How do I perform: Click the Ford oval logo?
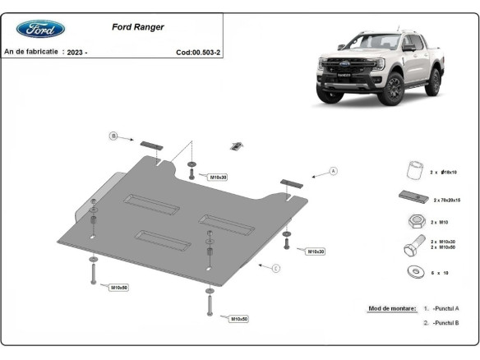[x=40, y=29]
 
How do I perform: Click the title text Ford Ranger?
[x=137, y=27]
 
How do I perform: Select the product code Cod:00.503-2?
[x=204, y=52]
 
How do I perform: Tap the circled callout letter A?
[x=334, y=171]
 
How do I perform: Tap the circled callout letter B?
[x=115, y=135]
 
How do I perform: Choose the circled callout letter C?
[x=276, y=267]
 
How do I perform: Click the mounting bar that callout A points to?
[x=292, y=182]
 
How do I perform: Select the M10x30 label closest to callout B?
[x=218, y=177]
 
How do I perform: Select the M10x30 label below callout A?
[x=316, y=251]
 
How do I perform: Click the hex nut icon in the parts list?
[x=415, y=221]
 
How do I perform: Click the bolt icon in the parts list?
[x=414, y=245]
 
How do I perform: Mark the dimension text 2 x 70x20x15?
[x=446, y=200]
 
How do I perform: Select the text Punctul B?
[x=445, y=323]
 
